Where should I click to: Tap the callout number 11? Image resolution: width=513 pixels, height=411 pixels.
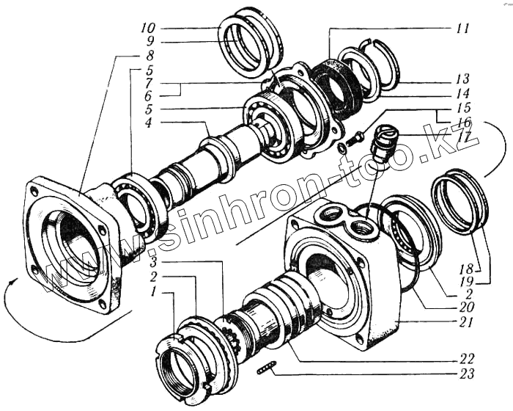point(462,29)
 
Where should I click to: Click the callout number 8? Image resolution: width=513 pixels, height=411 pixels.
point(149,56)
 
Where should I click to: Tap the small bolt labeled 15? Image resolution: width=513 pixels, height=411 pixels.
point(356,137)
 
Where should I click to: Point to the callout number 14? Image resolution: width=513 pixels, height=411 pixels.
point(462,94)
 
